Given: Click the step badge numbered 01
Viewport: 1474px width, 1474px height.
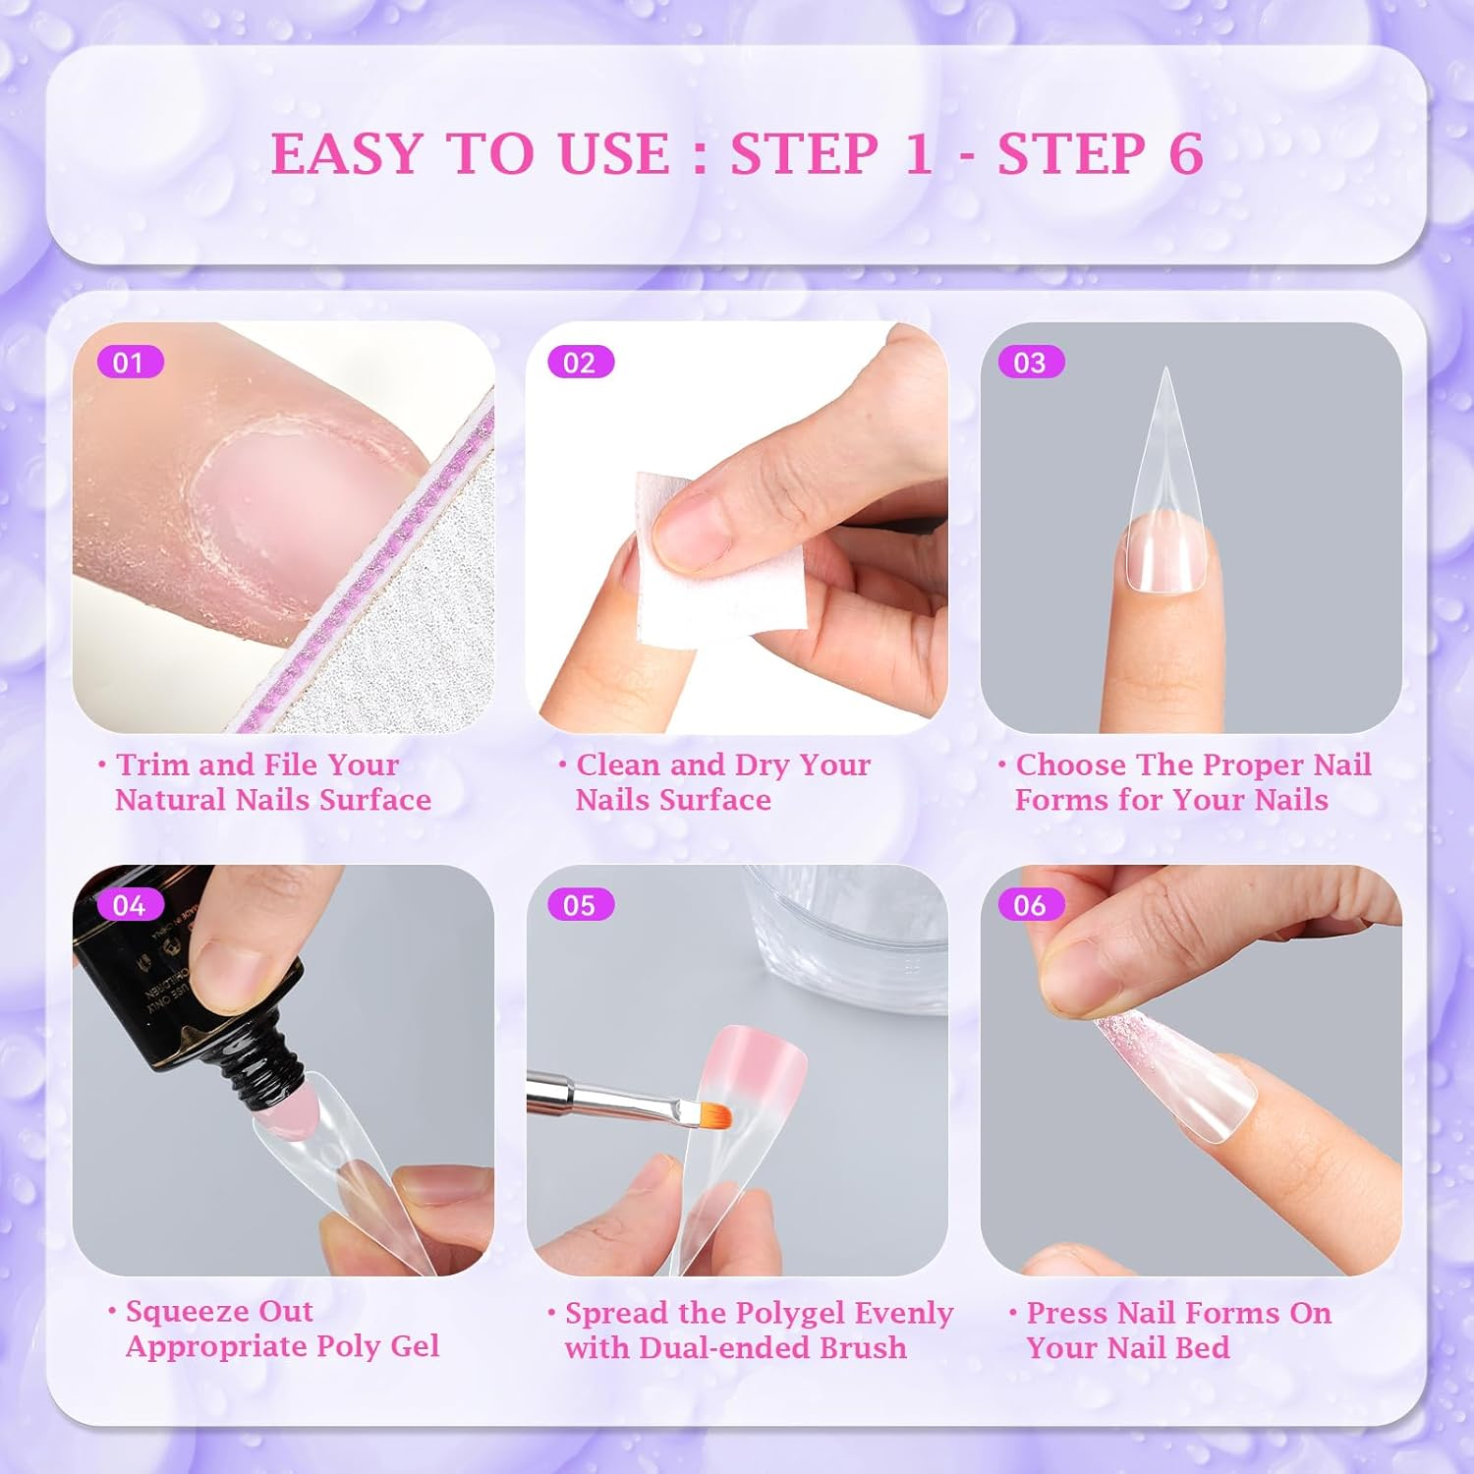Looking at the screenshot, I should pos(129,363).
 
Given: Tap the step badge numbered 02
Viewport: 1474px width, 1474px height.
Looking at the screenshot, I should pos(580,363).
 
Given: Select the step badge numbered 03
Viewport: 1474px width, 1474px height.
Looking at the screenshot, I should pos(1030,363).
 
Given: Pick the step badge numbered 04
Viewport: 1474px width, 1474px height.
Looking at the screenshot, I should pos(129,905).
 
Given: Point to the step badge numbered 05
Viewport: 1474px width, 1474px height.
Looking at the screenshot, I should pos(580,905).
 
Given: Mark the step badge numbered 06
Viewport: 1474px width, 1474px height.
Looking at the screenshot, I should pos(1030,905).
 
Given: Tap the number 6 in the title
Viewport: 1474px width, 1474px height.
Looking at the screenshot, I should pos(1186,154).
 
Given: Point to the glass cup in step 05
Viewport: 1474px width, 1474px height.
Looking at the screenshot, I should pos(845,934).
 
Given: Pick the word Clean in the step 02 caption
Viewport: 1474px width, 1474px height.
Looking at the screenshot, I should pos(619,765).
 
